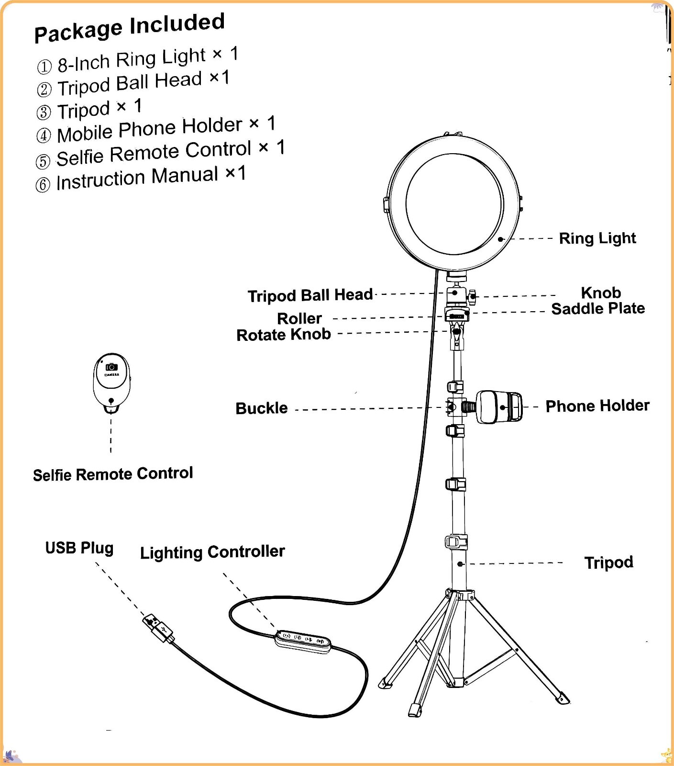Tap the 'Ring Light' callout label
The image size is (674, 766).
pyautogui.click(x=597, y=238)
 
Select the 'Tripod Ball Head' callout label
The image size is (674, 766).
pyautogui.click(x=310, y=295)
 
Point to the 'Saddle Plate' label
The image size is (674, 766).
pyautogui.click(x=598, y=309)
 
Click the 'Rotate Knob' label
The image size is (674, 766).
pyautogui.click(x=284, y=334)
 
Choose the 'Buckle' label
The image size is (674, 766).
pyautogui.click(x=262, y=408)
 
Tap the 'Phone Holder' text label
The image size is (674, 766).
pyautogui.click(x=597, y=406)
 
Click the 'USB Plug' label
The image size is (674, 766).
pyautogui.click(x=79, y=548)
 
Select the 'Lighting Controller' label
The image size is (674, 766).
pyautogui.click(x=212, y=552)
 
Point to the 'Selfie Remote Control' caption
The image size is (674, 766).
pyautogui.click(x=113, y=474)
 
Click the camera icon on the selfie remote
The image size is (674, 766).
pyautogui.click(x=111, y=367)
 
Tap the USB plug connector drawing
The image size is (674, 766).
pyautogui.click(x=158, y=628)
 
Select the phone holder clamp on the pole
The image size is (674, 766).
pyautogui.click(x=499, y=407)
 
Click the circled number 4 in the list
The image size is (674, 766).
pyautogui.click(x=44, y=135)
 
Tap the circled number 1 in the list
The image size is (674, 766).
pyautogui.click(x=44, y=67)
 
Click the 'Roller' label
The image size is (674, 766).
pyautogui.click(x=299, y=318)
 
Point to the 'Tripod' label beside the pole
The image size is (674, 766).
pyautogui.click(x=608, y=563)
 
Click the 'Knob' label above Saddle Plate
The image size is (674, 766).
pyautogui.click(x=601, y=293)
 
